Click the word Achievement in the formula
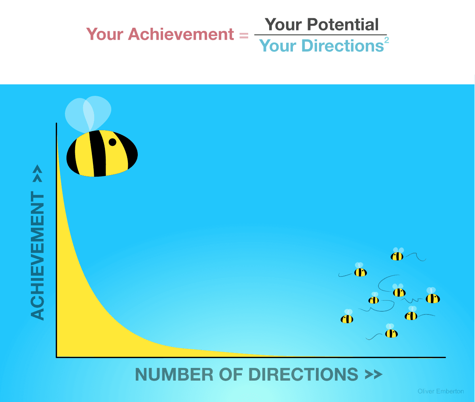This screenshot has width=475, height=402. (181, 34)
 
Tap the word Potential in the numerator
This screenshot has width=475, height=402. (343, 25)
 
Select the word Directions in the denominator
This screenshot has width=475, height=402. (342, 46)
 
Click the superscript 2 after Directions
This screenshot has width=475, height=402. (386, 40)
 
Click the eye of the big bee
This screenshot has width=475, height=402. (112, 142)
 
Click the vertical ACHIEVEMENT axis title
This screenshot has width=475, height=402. (38, 255)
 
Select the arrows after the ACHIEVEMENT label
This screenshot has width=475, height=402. (38, 173)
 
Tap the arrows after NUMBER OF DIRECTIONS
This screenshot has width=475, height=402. (373, 375)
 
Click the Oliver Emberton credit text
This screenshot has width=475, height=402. (441, 391)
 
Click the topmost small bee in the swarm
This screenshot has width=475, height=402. (397, 255)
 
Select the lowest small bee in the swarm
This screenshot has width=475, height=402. (391, 333)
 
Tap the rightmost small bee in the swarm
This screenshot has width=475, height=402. (433, 297)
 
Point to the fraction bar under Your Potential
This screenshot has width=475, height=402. (321, 35)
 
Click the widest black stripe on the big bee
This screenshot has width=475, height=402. (98, 154)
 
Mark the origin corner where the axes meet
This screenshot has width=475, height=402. (57, 357)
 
